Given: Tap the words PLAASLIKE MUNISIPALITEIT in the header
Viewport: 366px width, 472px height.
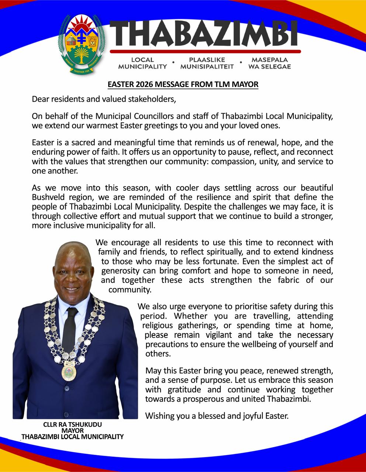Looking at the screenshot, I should click(x=207, y=63).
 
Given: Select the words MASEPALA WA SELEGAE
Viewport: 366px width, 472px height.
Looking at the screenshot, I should click(x=270, y=63).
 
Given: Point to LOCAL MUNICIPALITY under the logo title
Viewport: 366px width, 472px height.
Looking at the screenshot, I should click(x=142, y=63).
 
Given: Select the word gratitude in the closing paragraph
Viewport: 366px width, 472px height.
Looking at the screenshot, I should click(x=188, y=389).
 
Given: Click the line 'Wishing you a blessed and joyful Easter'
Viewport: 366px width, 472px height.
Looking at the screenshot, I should click(x=217, y=416).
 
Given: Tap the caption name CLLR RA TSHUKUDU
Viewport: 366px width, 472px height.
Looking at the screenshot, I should click(x=72, y=424).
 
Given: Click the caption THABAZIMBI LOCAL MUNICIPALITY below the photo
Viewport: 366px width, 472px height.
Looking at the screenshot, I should click(x=72, y=437).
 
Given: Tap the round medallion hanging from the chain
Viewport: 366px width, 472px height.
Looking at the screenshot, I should click(x=69, y=372).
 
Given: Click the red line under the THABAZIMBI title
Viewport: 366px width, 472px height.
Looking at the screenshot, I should click(x=205, y=52).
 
